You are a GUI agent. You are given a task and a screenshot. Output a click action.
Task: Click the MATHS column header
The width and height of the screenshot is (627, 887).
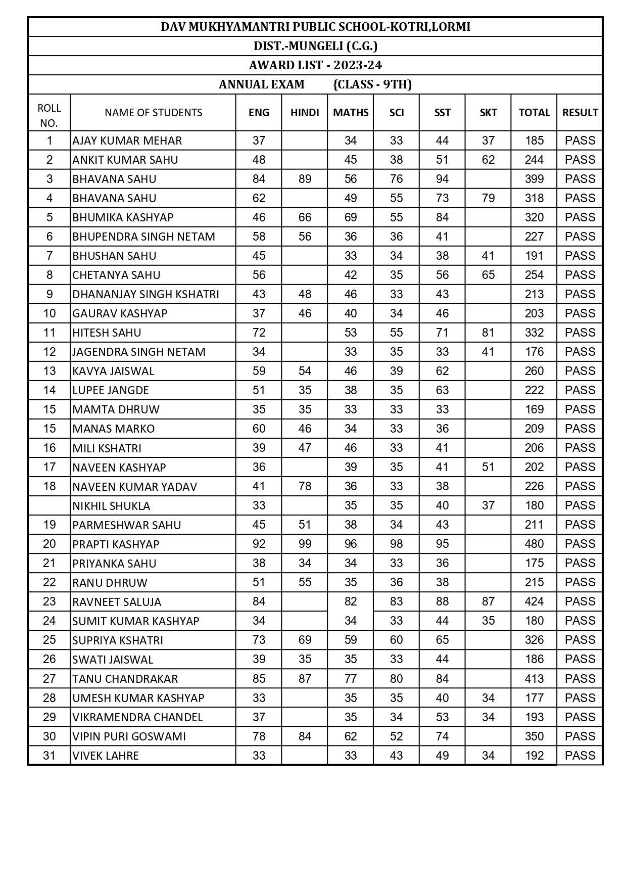[351, 113]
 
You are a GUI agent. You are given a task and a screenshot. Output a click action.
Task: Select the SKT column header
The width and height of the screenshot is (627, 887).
[488, 113]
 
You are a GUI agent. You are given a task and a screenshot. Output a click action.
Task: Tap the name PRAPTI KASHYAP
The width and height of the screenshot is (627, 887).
[116, 544]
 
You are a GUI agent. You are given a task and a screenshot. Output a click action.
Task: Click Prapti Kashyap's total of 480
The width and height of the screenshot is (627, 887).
[534, 544]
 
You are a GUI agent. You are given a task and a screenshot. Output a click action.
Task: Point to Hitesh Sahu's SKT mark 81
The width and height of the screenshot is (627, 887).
[488, 333]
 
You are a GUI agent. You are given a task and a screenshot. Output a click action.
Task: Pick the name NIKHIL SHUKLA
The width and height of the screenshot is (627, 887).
[111, 506]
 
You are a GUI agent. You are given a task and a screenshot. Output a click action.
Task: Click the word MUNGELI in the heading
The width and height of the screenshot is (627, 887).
[317, 46]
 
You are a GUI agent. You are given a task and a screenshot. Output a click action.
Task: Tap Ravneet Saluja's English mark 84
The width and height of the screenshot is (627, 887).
[259, 601]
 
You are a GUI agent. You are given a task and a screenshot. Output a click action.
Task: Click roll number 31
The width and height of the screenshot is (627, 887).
[49, 756]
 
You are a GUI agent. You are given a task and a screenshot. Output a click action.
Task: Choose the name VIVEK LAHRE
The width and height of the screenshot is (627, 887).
[106, 756]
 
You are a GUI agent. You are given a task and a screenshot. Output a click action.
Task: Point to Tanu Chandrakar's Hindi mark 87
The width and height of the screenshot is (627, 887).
[305, 679]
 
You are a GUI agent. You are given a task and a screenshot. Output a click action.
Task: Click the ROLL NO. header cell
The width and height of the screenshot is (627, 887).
[49, 115]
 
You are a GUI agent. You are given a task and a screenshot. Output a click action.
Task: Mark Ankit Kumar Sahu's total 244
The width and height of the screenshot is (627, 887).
[534, 160]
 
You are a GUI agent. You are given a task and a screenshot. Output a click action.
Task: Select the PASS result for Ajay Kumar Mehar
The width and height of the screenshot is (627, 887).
[580, 141]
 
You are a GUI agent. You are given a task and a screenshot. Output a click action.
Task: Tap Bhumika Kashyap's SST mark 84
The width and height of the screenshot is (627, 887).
[442, 217]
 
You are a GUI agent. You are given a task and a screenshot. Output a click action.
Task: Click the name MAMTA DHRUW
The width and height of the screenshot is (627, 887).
[116, 409]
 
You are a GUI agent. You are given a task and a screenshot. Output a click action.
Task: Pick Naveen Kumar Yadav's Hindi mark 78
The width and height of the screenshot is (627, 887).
[305, 486]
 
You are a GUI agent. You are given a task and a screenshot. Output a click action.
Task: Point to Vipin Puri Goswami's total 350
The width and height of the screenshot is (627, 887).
[534, 736]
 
